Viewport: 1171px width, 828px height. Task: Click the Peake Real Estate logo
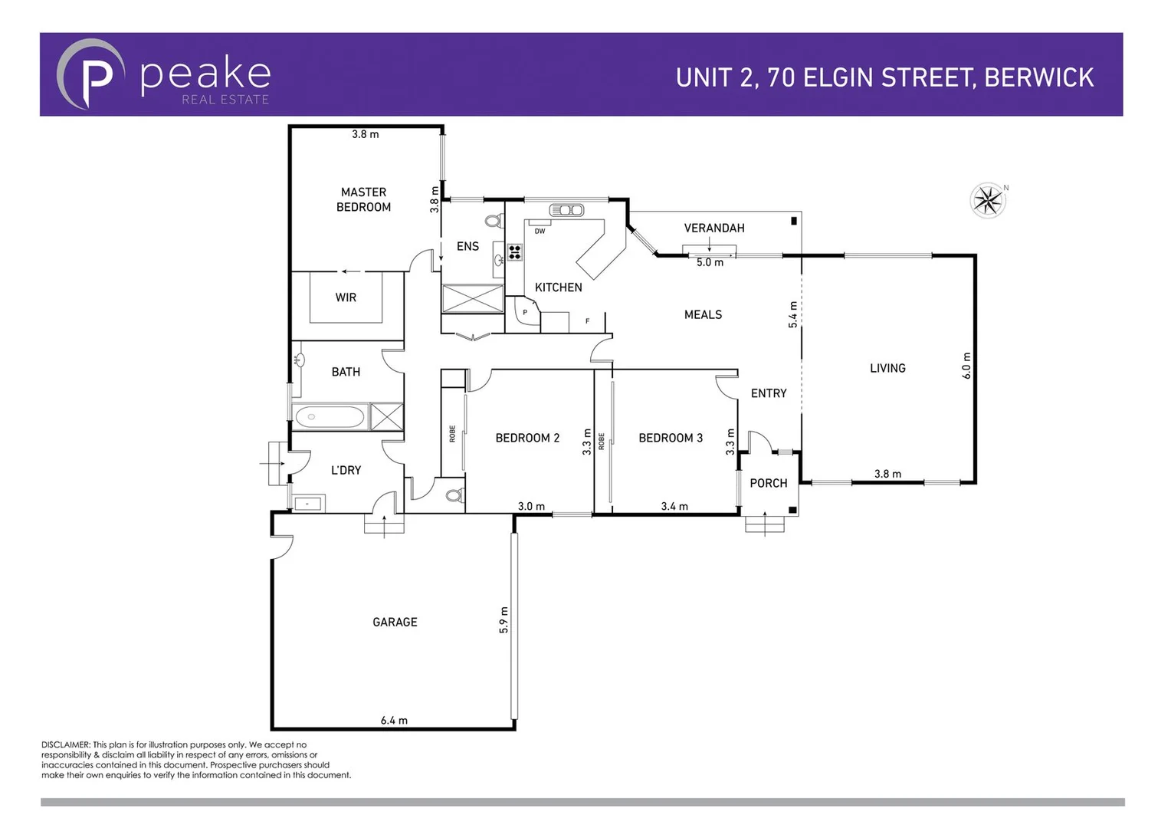[164, 75]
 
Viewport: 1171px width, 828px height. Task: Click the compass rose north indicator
[988, 201]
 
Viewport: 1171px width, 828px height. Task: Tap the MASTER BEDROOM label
[363, 199]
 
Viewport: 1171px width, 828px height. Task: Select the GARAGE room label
[395, 622]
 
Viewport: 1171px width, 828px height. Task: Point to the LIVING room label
[887, 368]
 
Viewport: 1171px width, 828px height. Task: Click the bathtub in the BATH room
[330, 417]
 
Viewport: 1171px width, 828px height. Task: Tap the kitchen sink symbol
[566, 210]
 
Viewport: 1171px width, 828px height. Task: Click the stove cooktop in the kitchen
[514, 252]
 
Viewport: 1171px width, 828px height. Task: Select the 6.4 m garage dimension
[394, 720]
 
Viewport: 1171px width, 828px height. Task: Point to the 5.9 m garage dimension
[503, 619]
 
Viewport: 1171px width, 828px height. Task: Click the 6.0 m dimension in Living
[966, 366]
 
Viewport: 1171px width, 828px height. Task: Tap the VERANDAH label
[713, 228]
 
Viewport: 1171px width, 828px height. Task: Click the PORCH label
[768, 483]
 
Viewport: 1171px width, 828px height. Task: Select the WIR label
[346, 297]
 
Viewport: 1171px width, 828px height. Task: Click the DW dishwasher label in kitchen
[540, 231]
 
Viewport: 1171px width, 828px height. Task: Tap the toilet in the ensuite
[493, 222]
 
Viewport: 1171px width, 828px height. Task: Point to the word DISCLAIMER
[66, 744]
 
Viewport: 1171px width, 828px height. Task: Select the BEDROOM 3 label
[671, 438]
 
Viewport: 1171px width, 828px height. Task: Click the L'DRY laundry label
[346, 470]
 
